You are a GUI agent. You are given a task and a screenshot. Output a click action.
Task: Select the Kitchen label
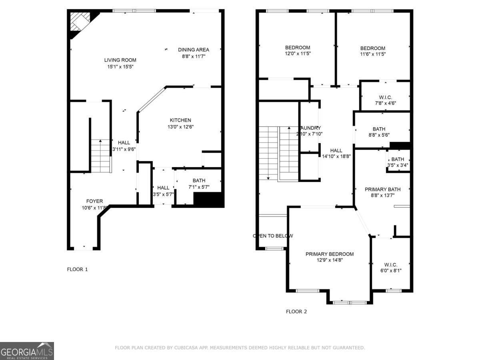[180, 120]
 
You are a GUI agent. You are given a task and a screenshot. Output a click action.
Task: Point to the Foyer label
[94, 201]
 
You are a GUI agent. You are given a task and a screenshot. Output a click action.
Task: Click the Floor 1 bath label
[199, 180]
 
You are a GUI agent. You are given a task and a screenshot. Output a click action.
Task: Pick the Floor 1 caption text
[77, 269]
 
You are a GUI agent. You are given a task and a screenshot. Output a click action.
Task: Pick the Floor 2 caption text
[296, 311]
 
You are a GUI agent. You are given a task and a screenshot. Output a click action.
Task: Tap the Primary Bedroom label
[330, 254]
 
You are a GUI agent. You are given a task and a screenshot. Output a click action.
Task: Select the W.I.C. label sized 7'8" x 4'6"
[385, 98]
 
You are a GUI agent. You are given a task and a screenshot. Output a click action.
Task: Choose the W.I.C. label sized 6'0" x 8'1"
[390, 265]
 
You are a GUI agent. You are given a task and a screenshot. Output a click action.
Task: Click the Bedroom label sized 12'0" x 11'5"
[297, 48]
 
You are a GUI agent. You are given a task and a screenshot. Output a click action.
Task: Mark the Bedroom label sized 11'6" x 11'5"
[372, 48]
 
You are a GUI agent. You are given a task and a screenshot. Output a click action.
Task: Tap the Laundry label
[309, 128]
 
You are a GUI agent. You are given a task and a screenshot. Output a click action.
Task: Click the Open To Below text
[273, 236]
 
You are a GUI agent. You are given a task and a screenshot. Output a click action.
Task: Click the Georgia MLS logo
[27, 351]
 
